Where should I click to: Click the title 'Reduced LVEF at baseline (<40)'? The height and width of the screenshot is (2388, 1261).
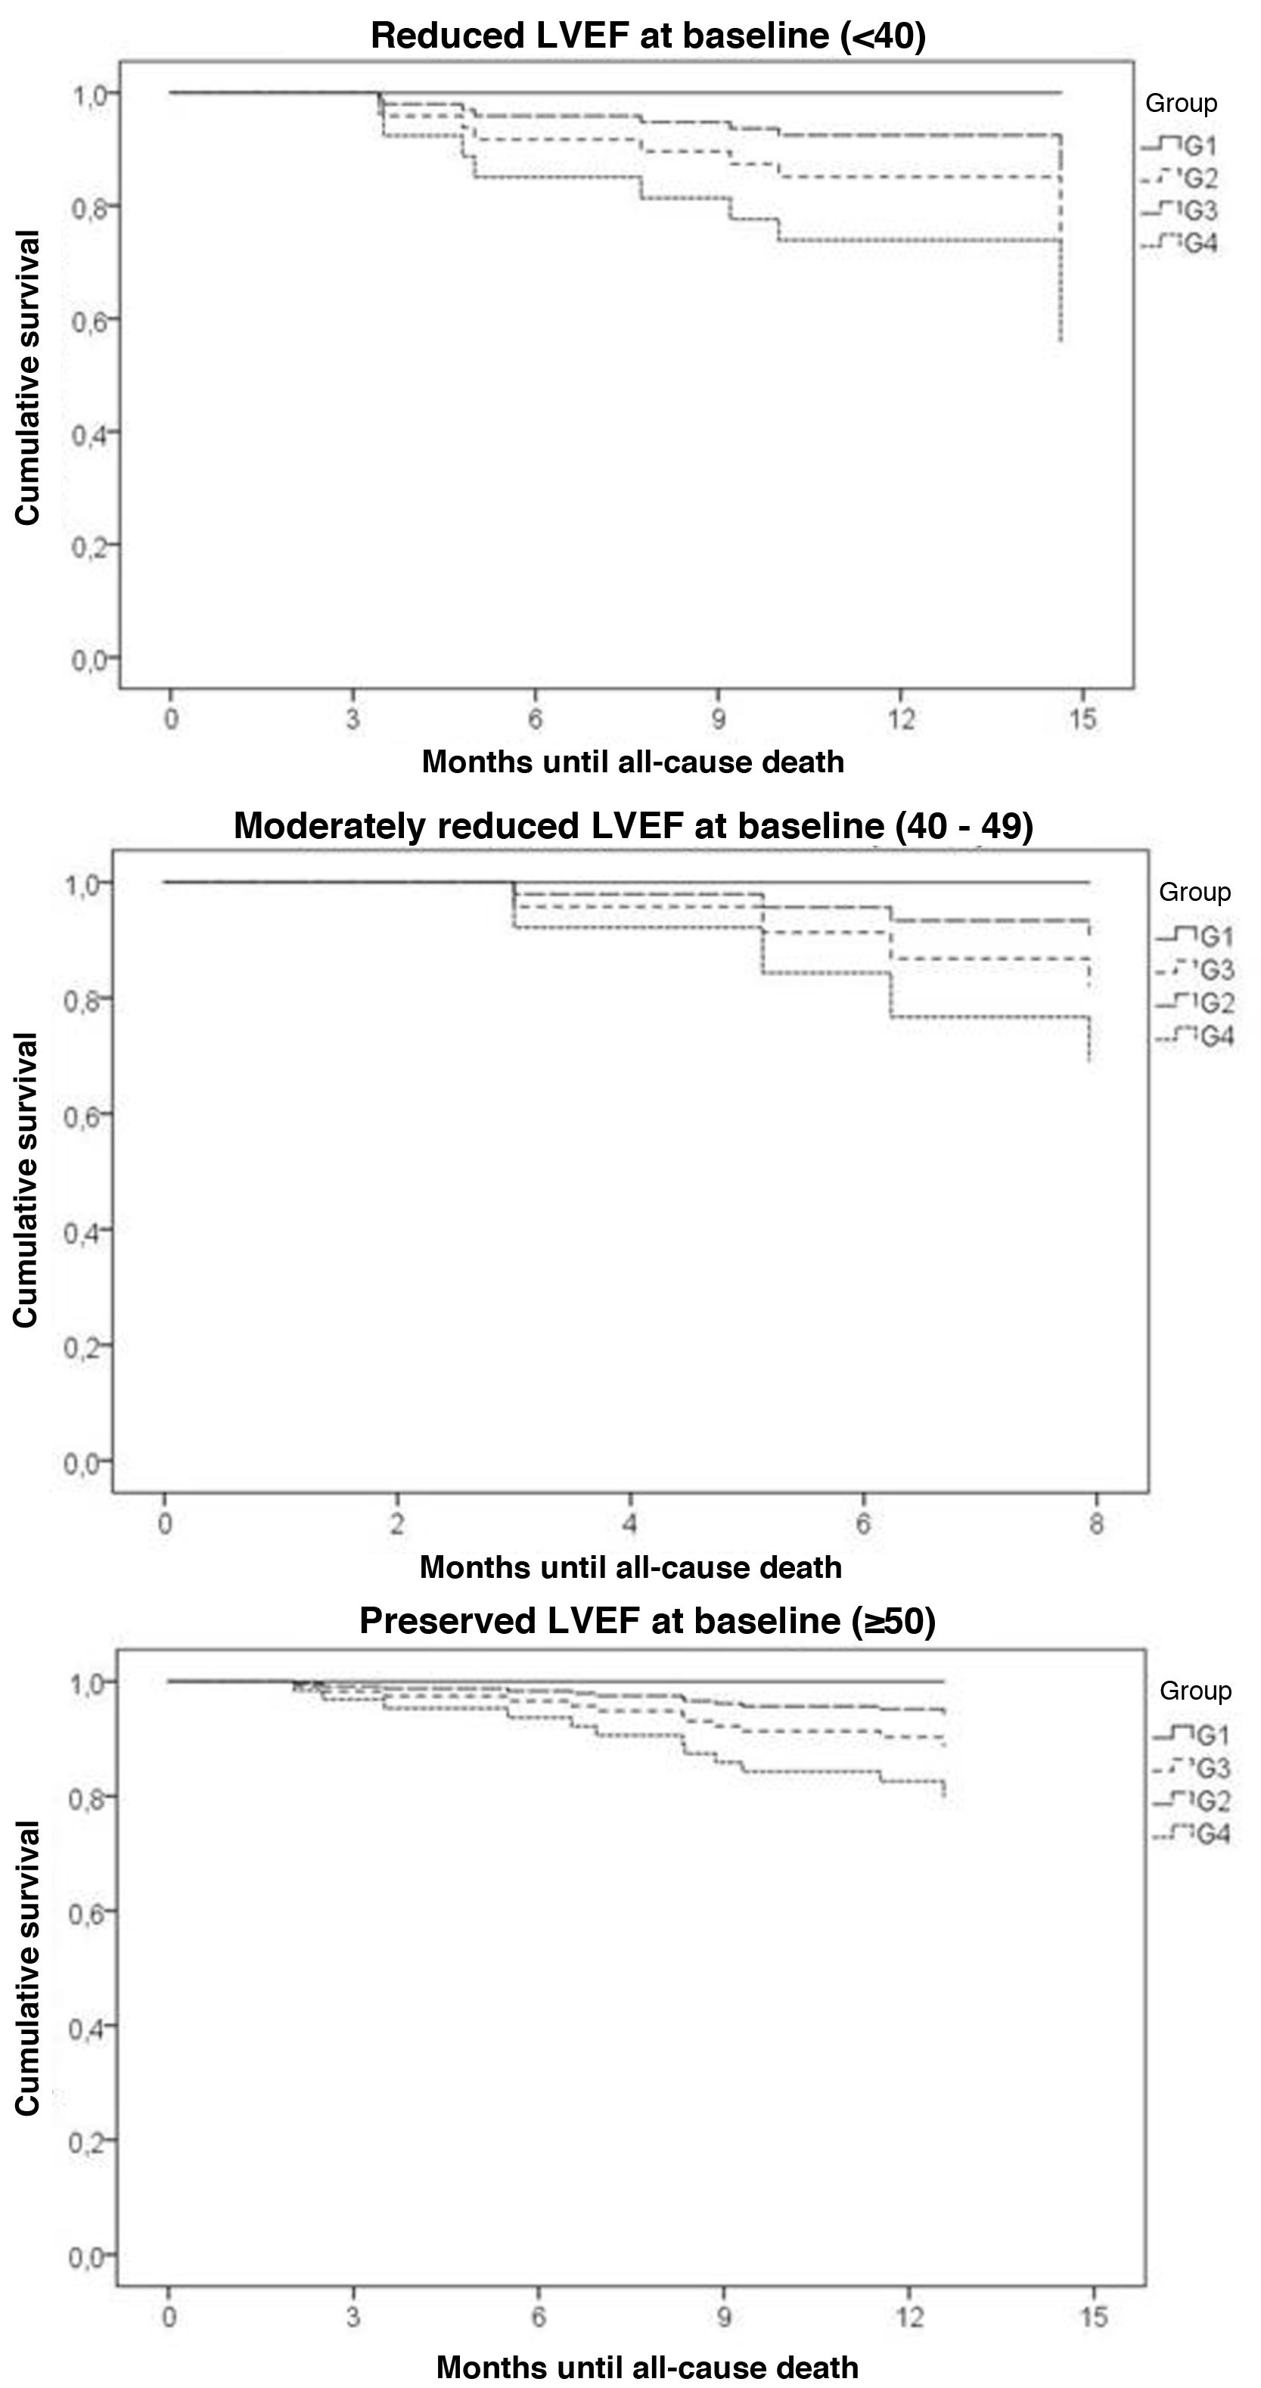[648, 36]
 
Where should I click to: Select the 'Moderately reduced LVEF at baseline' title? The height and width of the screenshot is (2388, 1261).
[633, 825]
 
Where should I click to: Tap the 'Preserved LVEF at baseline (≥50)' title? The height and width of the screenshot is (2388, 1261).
[648, 1620]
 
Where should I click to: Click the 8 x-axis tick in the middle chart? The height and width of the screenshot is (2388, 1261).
[1096, 1524]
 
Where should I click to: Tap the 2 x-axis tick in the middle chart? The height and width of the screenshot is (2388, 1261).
[397, 1524]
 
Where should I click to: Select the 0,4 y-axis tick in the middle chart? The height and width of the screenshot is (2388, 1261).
[82, 1230]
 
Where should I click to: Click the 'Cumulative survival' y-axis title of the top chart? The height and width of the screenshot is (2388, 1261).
[28, 378]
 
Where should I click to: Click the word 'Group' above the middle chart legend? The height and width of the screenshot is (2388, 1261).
[1194, 892]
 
